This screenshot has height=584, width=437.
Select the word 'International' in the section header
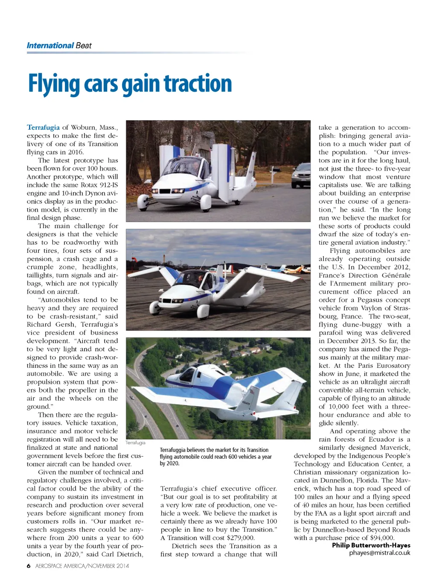(x=50, y=46)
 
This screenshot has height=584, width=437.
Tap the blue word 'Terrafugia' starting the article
(x=43, y=127)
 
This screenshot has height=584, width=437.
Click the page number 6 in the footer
(x=29, y=566)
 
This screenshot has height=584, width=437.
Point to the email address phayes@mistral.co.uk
(x=379, y=553)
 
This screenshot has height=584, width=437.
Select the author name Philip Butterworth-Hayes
(x=371, y=545)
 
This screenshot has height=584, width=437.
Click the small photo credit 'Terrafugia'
(x=135, y=443)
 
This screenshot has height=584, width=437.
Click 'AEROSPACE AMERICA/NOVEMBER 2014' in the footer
(x=82, y=566)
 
